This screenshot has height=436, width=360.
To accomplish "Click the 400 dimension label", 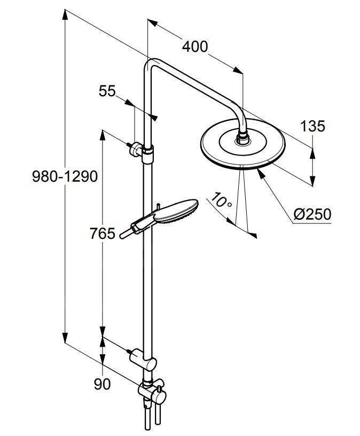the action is tap(195, 46).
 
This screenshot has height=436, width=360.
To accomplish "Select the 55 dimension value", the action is tap(107, 91).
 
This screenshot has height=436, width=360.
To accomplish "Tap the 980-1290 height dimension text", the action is tap(65, 176).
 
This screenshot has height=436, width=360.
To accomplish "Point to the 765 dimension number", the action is tap(103, 233).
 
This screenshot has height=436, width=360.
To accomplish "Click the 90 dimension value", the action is tap(102, 384).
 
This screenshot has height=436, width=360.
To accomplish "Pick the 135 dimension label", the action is tap(312, 126).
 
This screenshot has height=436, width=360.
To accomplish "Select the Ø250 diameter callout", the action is tap(312, 214).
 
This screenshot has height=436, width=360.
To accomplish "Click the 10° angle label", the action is tap(221, 200).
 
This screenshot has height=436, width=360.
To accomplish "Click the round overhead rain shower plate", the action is tap(242, 144).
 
